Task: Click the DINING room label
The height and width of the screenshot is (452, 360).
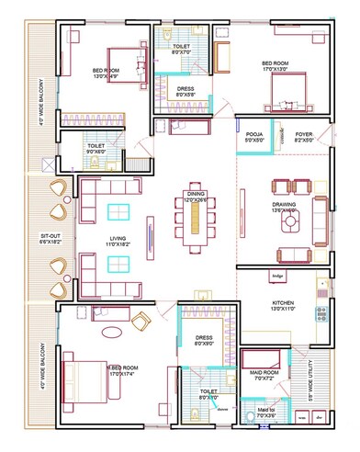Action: pyautogui.click(x=197, y=197)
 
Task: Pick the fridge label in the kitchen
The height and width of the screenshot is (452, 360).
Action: pyautogui.click(x=278, y=275)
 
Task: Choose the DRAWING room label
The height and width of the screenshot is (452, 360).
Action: pyautogui.click(x=283, y=207)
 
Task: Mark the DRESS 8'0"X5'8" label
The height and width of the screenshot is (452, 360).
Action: pyautogui.click(x=185, y=92)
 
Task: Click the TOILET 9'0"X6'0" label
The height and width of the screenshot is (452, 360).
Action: pyautogui.click(x=96, y=148)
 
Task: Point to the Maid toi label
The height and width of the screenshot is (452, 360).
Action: pyautogui.click(x=265, y=413)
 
